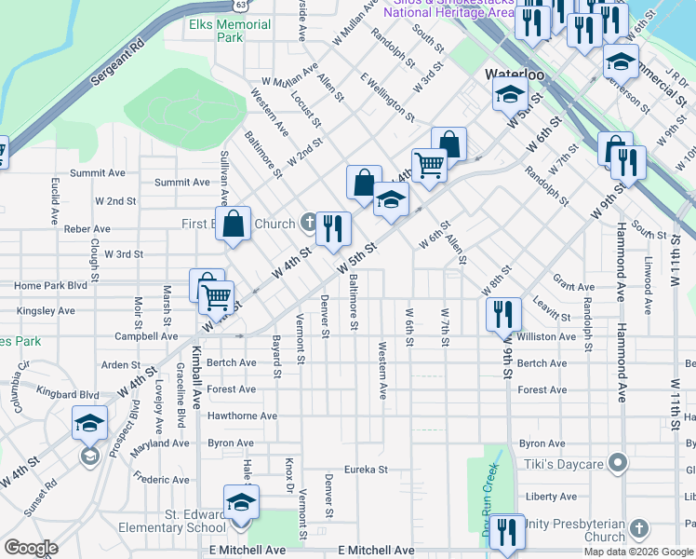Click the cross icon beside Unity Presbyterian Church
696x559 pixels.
pos(638,529)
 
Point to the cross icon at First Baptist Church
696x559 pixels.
pos(309,223)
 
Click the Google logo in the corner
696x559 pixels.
pos(30,548)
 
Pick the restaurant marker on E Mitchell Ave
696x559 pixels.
pos(507,532)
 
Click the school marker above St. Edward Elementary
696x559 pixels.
pos(241,503)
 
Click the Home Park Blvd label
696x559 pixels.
pos(44,285)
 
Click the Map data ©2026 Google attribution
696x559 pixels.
pos(638,552)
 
